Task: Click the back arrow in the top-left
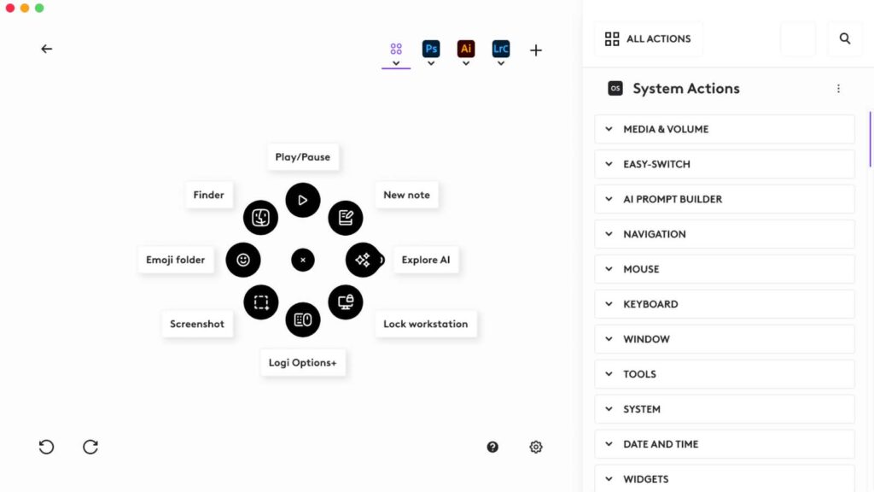(x=47, y=49)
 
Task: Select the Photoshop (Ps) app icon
(x=431, y=49)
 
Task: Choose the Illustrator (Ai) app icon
(x=466, y=49)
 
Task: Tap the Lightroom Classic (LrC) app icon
(x=500, y=49)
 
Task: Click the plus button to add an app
(x=536, y=50)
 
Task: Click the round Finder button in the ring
(x=260, y=218)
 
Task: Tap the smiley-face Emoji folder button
(x=243, y=260)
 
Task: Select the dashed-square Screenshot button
(x=261, y=302)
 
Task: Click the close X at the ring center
(x=303, y=260)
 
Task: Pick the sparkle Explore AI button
(x=363, y=260)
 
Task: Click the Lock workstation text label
(x=426, y=324)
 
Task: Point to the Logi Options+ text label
(x=303, y=362)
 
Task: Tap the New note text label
(x=407, y=195)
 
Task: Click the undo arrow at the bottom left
(x=46, y=447)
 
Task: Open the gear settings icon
(x=536, y=447)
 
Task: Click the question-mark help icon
(x=492, y=447)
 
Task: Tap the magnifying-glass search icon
(x=845, y=38)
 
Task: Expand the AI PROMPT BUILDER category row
(x=725, y=199)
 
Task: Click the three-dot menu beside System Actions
(x=838, y=89)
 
